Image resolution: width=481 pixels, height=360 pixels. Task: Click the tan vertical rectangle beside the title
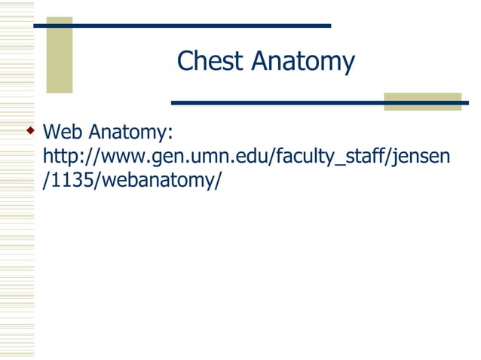60,54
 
